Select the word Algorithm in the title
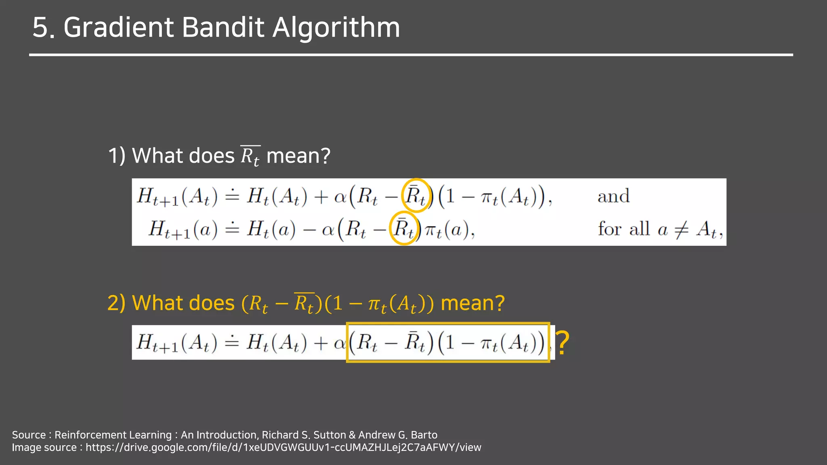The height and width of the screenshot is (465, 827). click(336, 28)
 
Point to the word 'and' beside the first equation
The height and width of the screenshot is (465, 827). click(613, 197)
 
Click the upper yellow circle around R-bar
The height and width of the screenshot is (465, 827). click(416, 195)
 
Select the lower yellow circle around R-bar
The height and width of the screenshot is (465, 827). click(404, 228)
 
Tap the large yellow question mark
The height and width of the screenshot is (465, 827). click(563, 343)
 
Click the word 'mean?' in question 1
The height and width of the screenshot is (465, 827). click(298, 156)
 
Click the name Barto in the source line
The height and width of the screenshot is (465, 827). click(424, 435)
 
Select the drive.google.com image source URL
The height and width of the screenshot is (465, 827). click(283, 448)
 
